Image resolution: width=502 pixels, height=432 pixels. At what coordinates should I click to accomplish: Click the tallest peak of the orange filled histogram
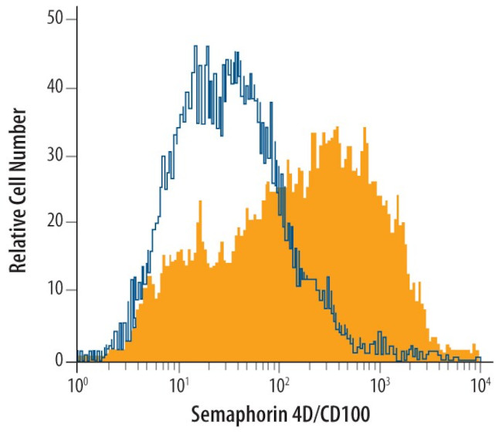coord(337,128)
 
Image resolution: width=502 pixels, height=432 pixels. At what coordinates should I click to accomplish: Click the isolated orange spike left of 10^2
coord(200,202)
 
